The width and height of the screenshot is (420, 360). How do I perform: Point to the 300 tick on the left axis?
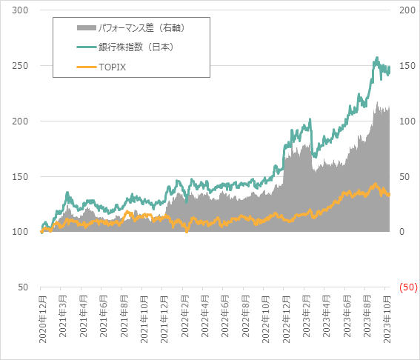tap(21, 10)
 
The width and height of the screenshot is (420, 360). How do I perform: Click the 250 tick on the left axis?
tap(21, 66)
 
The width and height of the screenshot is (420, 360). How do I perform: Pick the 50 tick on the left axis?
tap(24, 287)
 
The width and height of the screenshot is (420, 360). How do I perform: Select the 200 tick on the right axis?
tap(407, 10)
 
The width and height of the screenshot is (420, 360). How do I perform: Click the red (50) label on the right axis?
tap(407, 287)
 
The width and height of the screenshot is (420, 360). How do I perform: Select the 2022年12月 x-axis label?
tap(286, 318)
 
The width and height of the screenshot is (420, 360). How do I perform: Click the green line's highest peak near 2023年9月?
tap(377, 57)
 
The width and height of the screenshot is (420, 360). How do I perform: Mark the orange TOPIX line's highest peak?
tap(375, 184)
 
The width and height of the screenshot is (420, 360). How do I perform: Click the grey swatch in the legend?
tap(86, 28)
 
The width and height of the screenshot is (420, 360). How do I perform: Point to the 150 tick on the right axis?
tap(407, 66)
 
